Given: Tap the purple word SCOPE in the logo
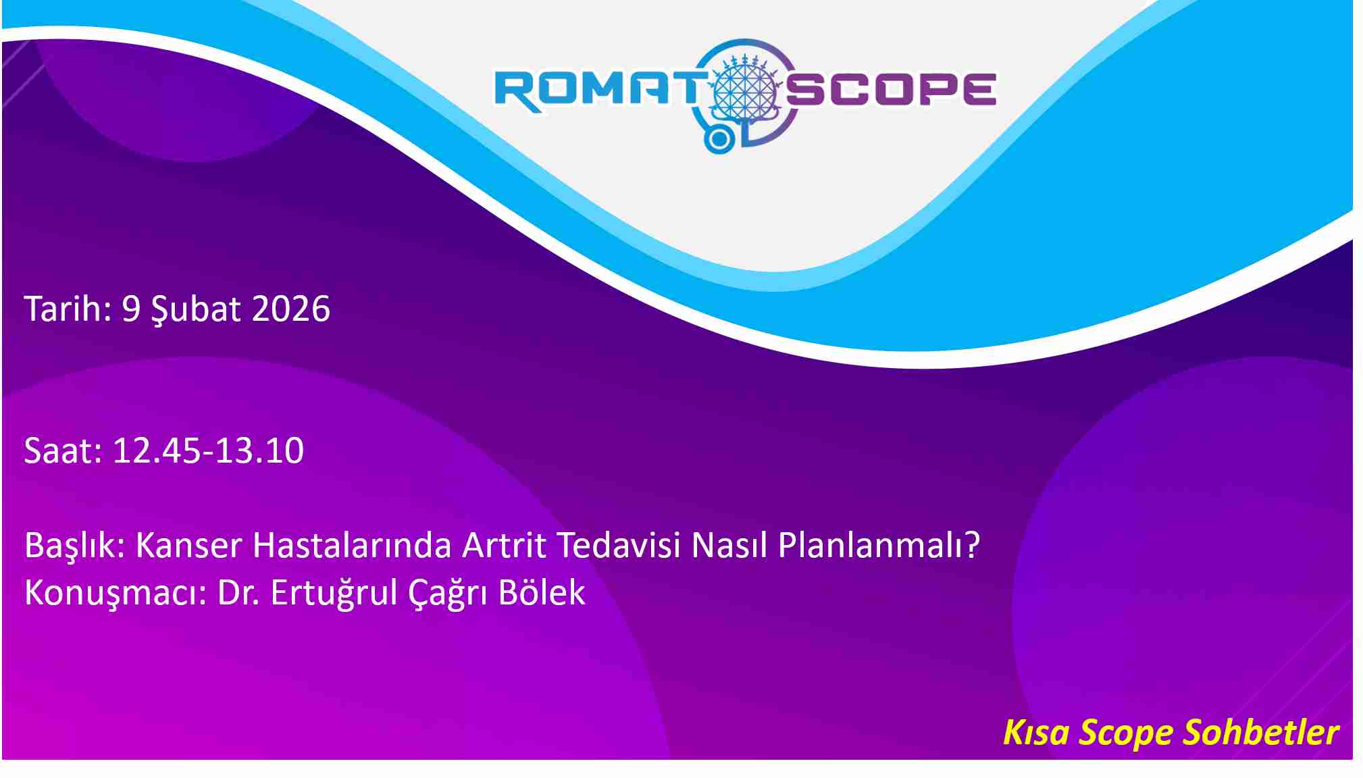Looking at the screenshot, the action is [891, 90].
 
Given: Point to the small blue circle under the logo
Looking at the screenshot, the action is [719, 139].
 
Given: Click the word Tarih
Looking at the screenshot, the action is [68, 309].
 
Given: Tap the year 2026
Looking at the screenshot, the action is [290, 309].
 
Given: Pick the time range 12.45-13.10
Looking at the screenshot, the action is [208, 450].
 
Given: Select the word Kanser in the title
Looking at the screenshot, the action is [188, 545].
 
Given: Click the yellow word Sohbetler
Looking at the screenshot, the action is [1261, 733].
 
